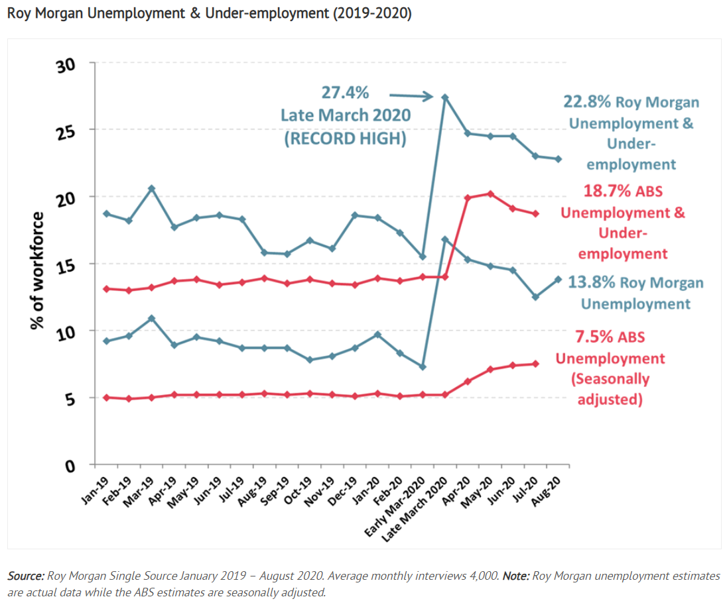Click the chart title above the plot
pos(210,13)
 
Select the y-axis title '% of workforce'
pos(37,270)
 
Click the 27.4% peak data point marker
pos(444,97)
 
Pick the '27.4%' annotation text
pos(346,93)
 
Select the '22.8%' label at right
pos(586,103)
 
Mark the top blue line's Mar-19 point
pos(151,188)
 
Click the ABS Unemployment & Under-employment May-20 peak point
pos(490,193)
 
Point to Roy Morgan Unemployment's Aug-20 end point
pos(559,279)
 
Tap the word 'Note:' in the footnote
pos(515,576)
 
